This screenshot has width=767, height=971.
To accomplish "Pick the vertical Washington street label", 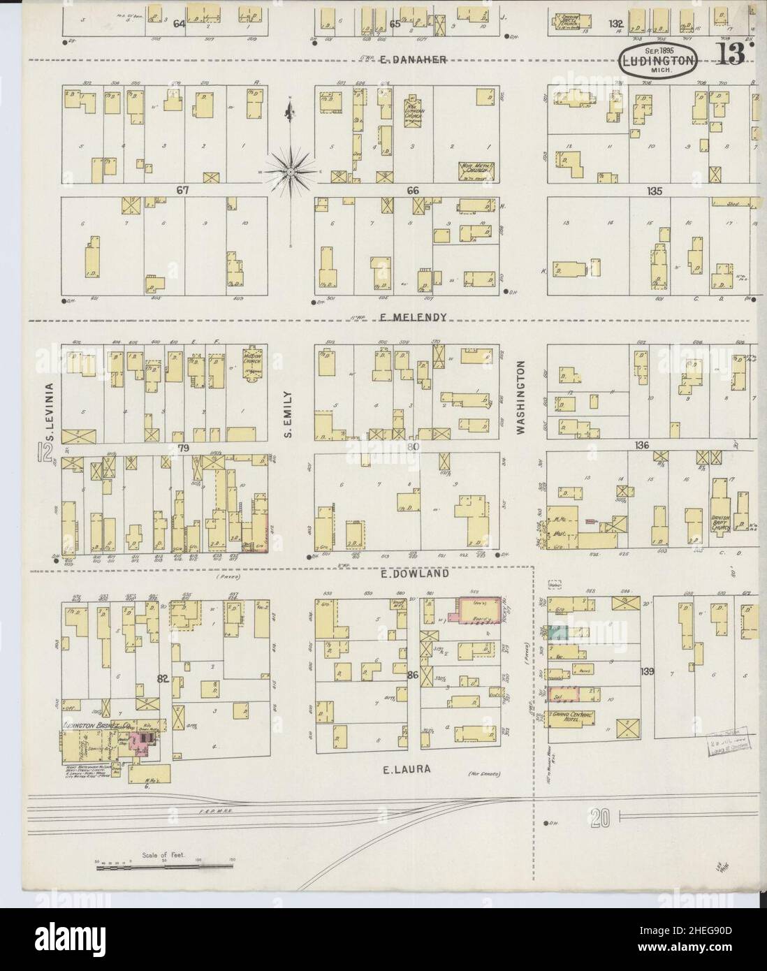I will tap(520, 398).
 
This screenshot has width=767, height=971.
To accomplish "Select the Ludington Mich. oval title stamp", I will tap(657, 61).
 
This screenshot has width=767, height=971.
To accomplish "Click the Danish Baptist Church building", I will tap(722, 516).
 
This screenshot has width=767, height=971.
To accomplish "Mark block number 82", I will tap(163, 678).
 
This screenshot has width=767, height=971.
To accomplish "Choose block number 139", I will tap(648, 671).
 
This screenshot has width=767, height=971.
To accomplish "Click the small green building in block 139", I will tap(557, 632).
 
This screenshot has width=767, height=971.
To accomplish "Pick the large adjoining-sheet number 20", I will tap(600, 815).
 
